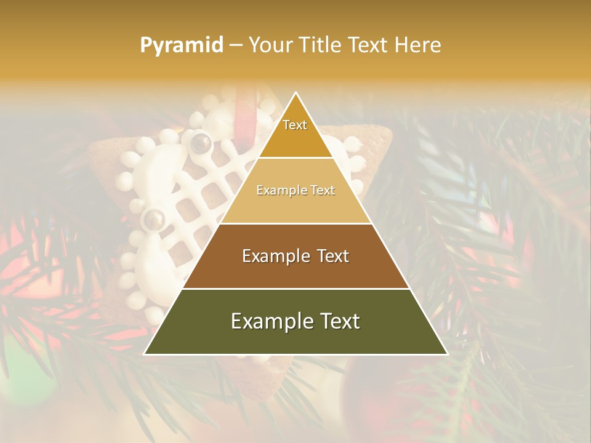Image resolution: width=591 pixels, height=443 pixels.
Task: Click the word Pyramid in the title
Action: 182,46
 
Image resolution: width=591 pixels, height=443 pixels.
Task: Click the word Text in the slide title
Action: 369,46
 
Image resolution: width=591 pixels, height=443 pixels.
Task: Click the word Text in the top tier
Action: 295,125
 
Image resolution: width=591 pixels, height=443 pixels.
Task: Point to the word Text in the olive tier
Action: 335,321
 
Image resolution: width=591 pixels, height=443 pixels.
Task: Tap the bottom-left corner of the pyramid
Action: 145,354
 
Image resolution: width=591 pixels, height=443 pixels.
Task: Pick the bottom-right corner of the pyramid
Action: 448,354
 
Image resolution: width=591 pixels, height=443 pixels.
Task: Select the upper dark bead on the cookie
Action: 201,143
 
